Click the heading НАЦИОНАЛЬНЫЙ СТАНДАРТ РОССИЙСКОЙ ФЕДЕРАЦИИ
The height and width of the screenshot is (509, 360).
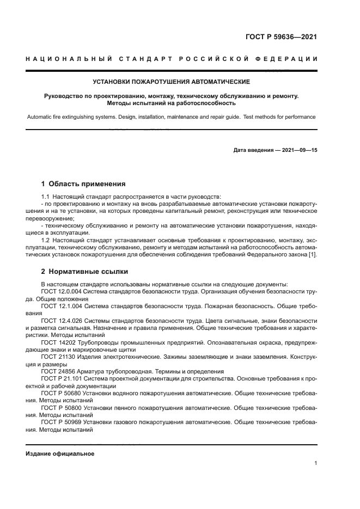pyautogui.click(x=171, y=59)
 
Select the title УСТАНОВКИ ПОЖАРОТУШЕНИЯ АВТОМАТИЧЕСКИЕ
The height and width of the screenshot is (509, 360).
pyautogui.click(x=171, y=82)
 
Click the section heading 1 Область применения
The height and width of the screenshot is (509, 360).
pyautogui.click(x=83, y=184)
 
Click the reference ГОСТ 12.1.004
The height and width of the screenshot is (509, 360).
pyautogui.click(x=59, y=306)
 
